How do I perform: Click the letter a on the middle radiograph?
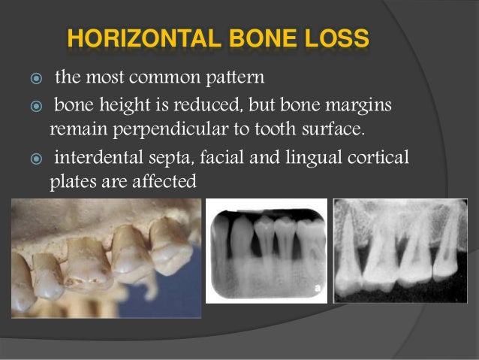point(320,286)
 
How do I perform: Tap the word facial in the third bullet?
point(220,158)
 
